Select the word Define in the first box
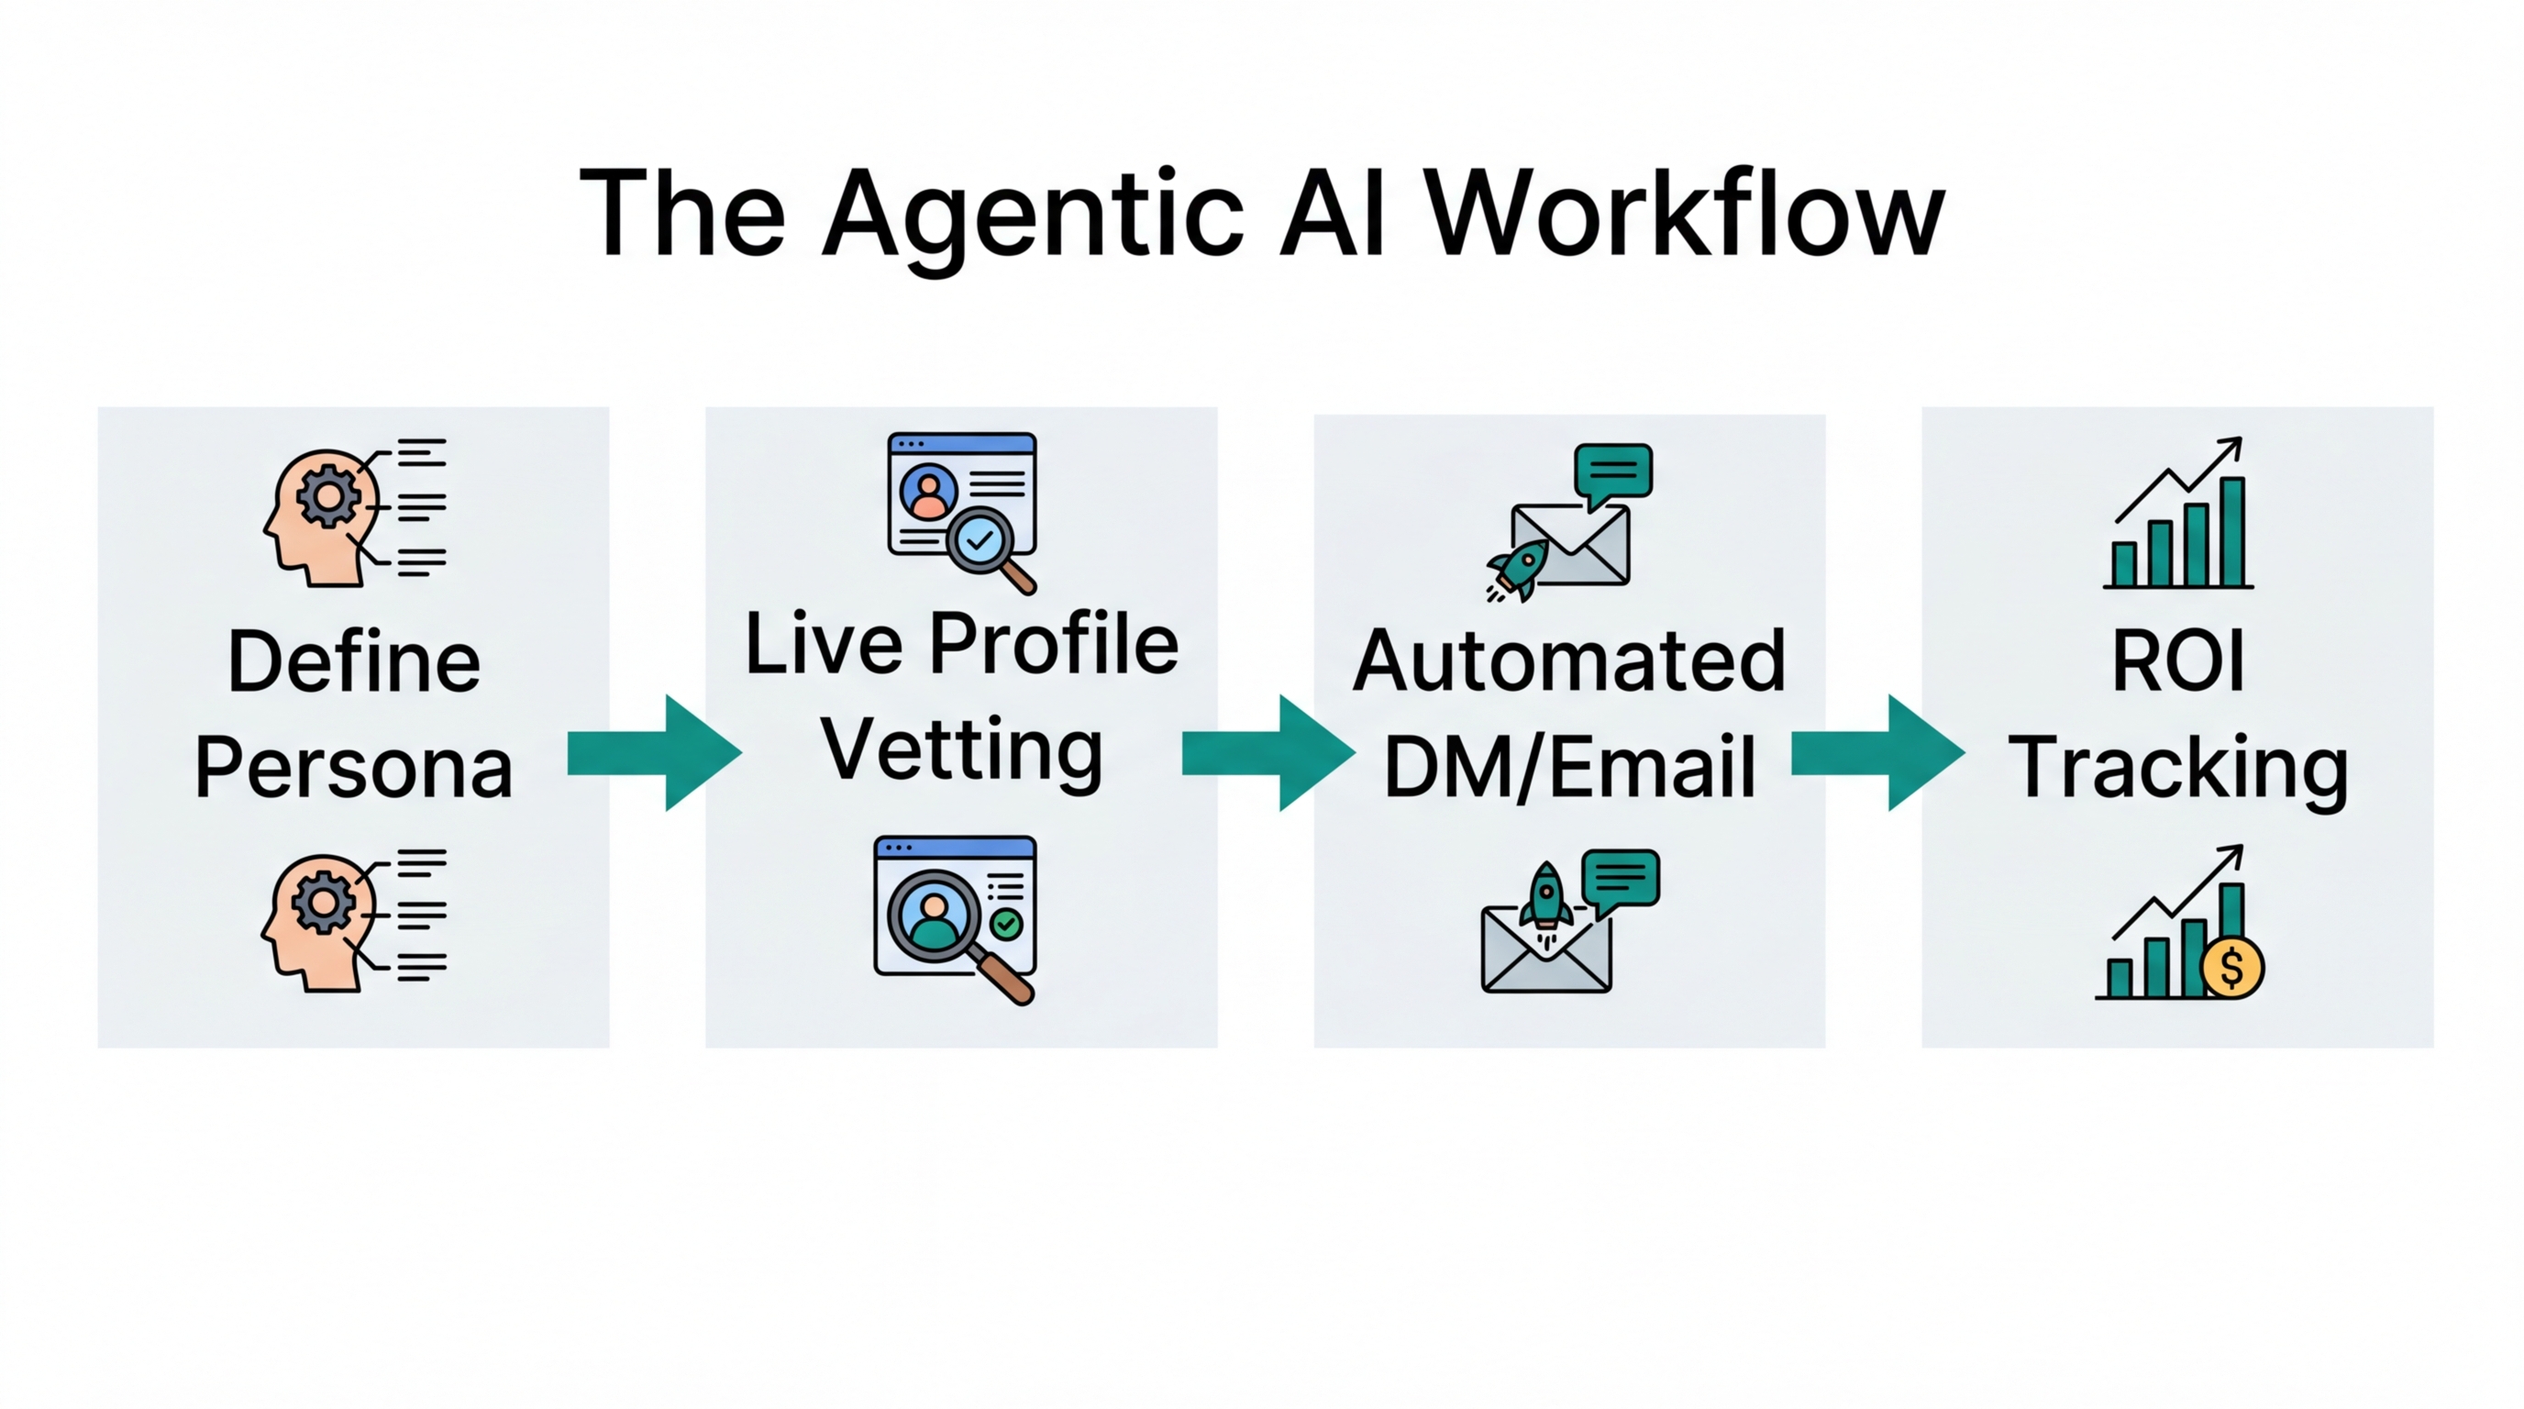click(354, 661)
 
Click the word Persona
click(354, 767)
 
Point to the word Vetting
click(961, 749)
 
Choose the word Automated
click(1568, 661)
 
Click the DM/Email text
click(1568, 767)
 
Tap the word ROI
click(2177, 661)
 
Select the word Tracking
click(2177, 769)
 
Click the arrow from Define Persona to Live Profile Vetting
click(655, 752)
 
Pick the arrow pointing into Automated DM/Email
click(1268, 752)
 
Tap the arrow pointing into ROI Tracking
click(1877, 752)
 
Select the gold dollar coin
click(2232, 968)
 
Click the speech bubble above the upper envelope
click(1612, 472)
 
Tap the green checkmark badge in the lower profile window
click(1006, 923)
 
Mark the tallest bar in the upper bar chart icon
click(2232, 531)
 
